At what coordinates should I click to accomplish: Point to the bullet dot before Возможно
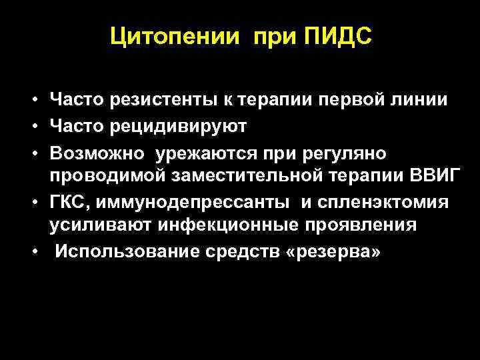(x=33, y=155)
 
